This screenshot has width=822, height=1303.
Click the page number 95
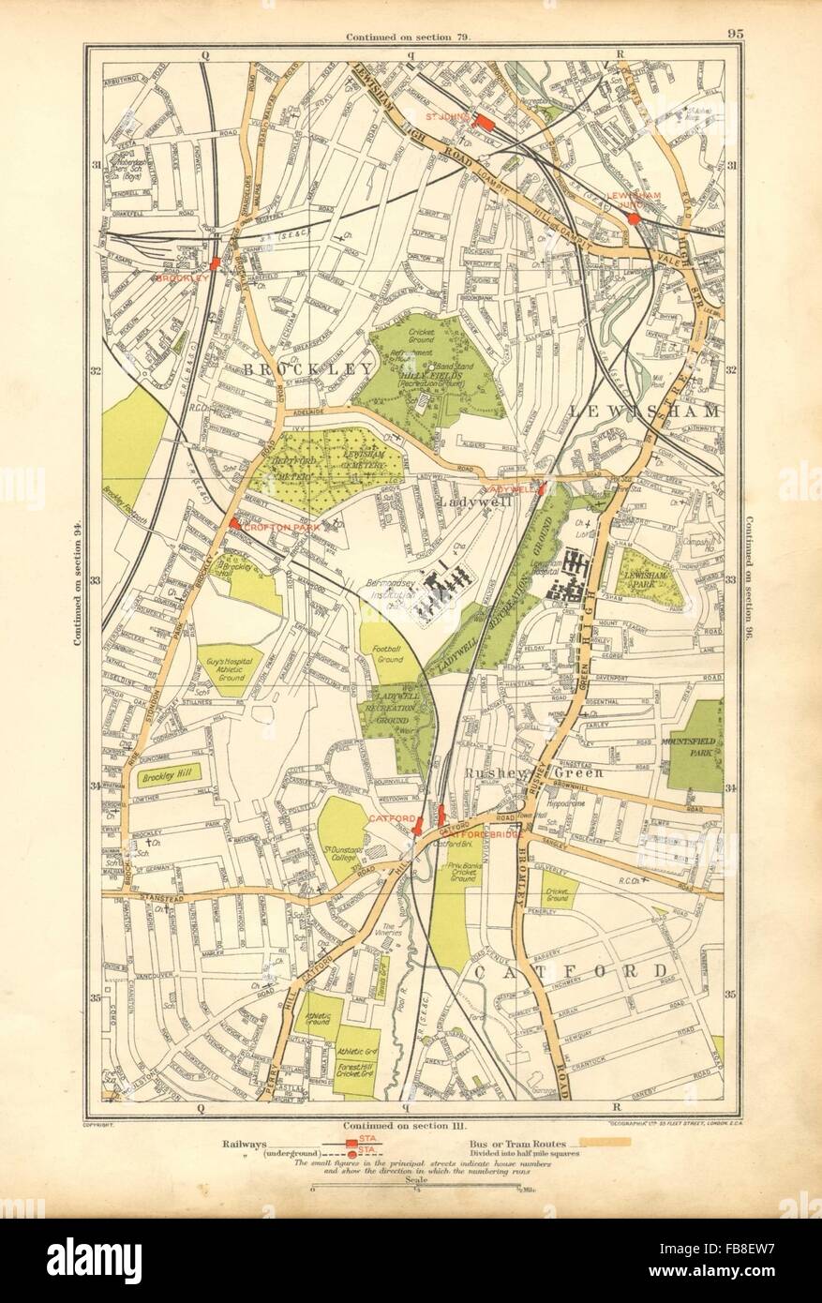735,36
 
